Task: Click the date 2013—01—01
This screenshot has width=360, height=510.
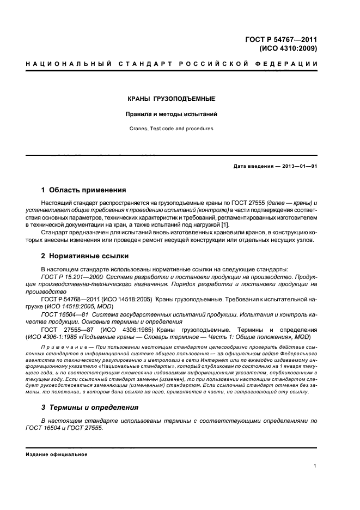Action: pyautogui.click(x=298, y=166)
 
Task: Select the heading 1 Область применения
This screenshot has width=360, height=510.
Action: pyautogui.click(x=83, y=190)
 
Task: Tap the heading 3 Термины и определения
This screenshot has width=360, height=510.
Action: pyautogui.click(x=90, y=407)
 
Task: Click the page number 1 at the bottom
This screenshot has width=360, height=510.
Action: pyautogui.click(x=315, y=465)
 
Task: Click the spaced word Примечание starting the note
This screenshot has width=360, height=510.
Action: pyautogui.click(x=62, y=346)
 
